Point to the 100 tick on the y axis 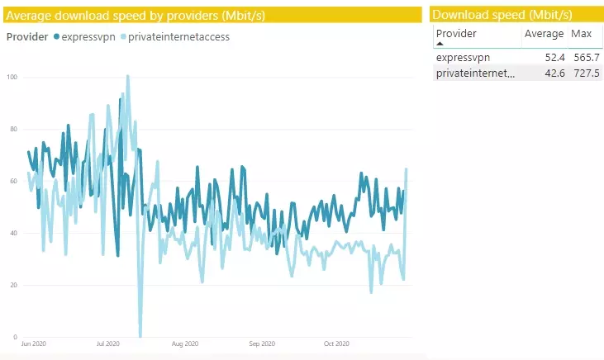click(x=12, y=77)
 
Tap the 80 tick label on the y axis click(x=12, y=129)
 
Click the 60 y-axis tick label click(x=12, y=181)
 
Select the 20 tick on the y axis click(x=12, y=285)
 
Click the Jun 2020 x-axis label click(x=34, y=343)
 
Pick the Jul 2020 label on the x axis click(x=108, y=343)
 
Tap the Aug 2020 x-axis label click(x=185, y=343)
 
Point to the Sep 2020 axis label click(x=261, y=343)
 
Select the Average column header click(x=544, y=34)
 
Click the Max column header click(x=581, y=34)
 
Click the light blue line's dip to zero click(x=140, y=335)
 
